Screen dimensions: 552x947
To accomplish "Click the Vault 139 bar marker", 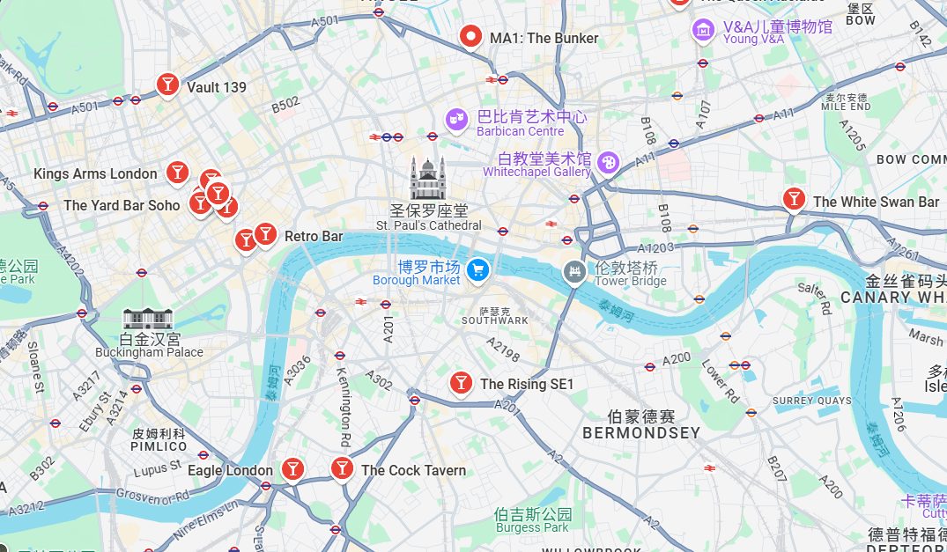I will point(166,85).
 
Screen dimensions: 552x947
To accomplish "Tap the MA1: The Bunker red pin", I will point(471,38).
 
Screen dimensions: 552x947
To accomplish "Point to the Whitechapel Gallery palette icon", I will point(608,162).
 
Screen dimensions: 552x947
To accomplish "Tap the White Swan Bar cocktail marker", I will point(794,200).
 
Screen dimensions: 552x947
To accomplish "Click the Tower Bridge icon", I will point(574,271).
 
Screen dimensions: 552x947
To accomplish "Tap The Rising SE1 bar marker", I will point(460,383).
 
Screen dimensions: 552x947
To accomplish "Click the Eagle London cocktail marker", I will point(292,469).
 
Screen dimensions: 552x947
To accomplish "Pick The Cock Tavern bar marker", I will point(342,469).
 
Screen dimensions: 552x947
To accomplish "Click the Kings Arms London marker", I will point(177,172).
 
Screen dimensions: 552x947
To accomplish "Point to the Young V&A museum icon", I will point(702,29).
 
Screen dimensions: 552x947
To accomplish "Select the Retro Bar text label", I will point(314,236).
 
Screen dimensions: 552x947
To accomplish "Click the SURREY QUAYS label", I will point(811,401).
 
